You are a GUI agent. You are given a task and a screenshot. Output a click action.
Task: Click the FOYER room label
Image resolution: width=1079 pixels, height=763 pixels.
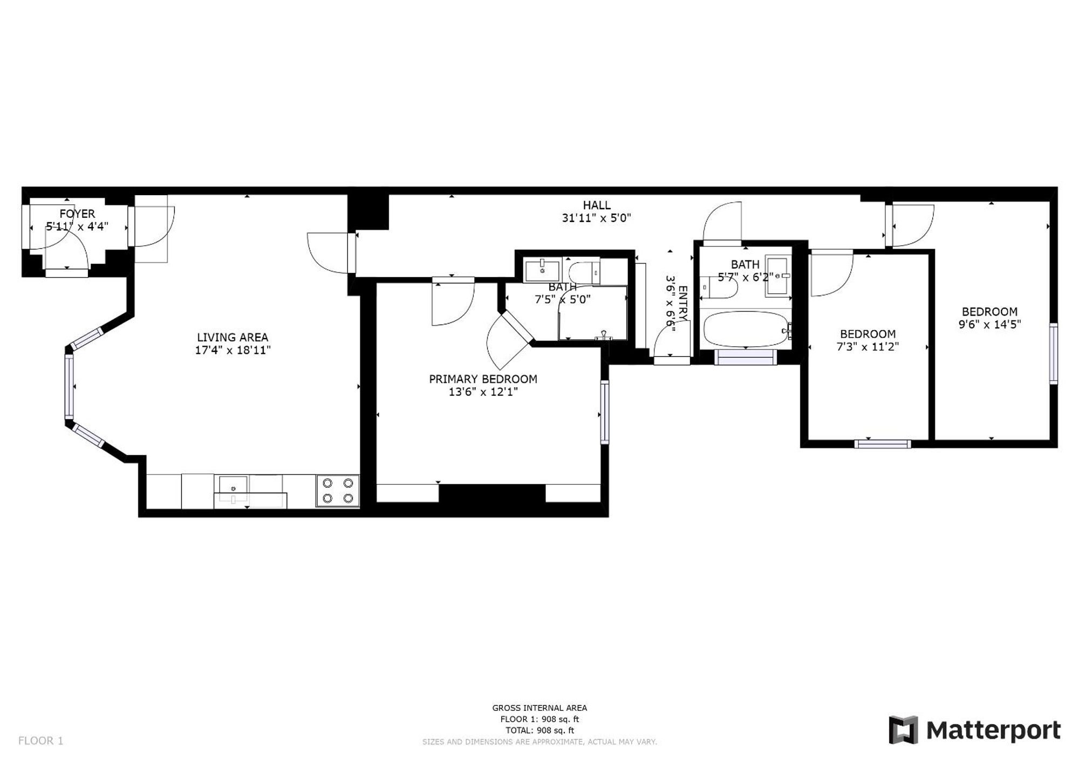click(x=77, y=214)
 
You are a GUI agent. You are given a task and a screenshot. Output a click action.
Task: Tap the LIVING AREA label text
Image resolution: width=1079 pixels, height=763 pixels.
click(x=232, y=338)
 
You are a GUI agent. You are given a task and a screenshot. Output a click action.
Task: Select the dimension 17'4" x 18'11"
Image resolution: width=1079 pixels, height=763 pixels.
click(x=232, y=350)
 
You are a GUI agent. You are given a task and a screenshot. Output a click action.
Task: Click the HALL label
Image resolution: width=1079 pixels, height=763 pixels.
click(x=596, y=205)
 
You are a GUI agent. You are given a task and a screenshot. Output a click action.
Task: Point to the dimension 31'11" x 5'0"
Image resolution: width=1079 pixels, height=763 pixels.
click(x=596, y=218)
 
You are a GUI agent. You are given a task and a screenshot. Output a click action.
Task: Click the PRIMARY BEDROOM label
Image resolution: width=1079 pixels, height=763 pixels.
click(x=483, y=379)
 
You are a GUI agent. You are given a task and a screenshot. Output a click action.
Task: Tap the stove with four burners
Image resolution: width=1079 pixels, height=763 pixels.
click(x=338, y=490)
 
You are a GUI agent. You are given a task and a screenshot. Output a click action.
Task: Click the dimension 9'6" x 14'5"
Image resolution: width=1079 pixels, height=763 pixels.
click(x=989, y=325)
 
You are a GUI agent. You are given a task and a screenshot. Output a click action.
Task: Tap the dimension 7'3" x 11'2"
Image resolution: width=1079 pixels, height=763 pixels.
click(x=868, y=347)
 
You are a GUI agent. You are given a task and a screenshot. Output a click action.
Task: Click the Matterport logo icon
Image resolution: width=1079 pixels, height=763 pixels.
click(x=903, y=730)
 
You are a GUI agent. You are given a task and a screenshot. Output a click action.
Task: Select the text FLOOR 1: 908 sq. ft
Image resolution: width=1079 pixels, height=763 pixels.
click(x=539, y=719)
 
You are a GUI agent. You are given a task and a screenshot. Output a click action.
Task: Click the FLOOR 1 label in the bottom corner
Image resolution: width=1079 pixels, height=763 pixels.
click(x=40, y=741)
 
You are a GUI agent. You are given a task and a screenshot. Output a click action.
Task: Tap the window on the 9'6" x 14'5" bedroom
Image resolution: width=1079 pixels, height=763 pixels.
click(x=1053, y=353)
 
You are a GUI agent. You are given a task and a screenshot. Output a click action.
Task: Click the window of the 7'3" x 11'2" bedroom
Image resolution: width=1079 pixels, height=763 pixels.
click(x=883, y=444)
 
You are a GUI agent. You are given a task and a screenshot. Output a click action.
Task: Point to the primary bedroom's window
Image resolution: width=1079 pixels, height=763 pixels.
click(x=605, y=412)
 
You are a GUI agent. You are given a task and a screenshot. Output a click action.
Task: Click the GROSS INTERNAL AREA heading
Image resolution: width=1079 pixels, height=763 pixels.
click(x=539, y=707)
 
